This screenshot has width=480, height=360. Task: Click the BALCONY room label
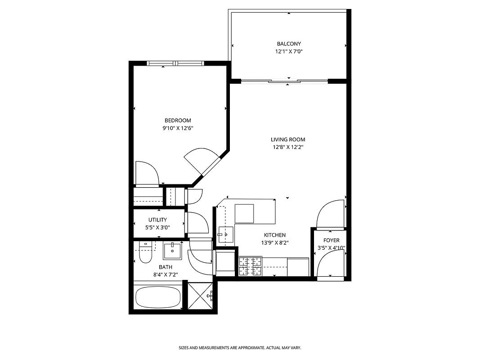[288, 44]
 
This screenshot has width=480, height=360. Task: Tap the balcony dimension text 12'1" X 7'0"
[288, 52]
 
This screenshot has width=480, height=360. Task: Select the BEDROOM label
[178, 120]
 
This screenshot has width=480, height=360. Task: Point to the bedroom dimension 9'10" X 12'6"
[178, 128]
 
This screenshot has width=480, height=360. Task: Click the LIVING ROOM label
[288, 139]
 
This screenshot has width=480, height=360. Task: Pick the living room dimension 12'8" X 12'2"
[288, 147]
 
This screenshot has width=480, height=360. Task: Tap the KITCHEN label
[274, 235]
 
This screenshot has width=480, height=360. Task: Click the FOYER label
[332, 240]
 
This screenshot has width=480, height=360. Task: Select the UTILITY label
[157, 220]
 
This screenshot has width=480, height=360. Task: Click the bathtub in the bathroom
[158, 297]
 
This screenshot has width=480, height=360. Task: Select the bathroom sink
[172, 251]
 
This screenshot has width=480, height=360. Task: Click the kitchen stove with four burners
[250, 266]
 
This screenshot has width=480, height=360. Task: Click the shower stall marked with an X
[200, 296]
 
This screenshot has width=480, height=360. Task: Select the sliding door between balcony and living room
[285, 81]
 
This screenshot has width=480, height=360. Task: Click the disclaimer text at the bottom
[240, 348]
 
